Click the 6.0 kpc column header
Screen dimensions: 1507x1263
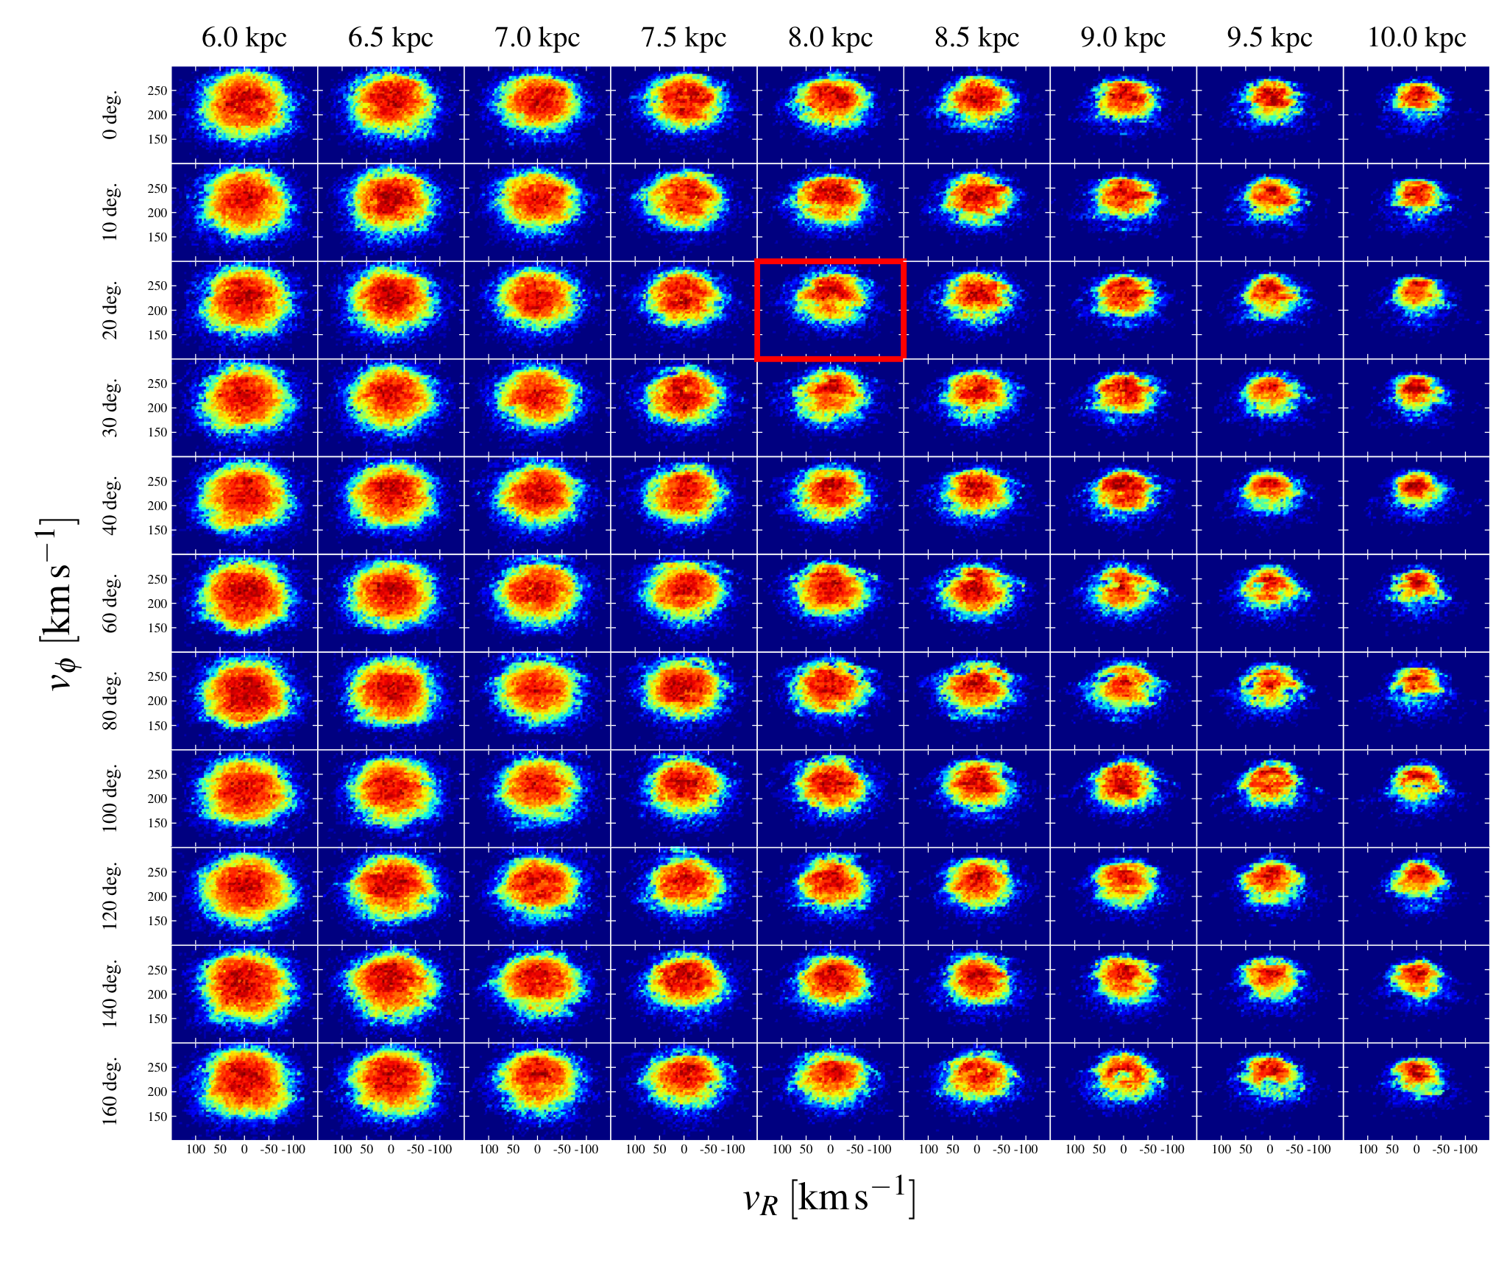click(x=244, y=38)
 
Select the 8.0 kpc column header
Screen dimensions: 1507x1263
click(x=830, y=38)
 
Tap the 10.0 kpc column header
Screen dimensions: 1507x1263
click(x=1416, y=38)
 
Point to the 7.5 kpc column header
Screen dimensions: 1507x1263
click(x=684, y=38)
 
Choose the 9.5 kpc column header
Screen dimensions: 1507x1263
click(x=1269, y=38)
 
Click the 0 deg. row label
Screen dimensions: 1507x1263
click(x=110, y=115)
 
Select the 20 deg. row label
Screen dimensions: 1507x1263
click(x=110, y=310)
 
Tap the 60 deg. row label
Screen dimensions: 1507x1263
click(x=110, y=604)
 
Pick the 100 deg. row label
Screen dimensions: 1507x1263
click(x=110, y=799)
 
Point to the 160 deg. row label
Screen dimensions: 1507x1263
click(x=110, y=1092)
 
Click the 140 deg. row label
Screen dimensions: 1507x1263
click(x=110, y=994)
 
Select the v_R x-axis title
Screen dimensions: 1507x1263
click(x=829, y=1198)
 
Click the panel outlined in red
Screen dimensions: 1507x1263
click(x=830, y=310)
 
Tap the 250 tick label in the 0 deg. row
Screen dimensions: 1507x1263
click(x=158, y=91)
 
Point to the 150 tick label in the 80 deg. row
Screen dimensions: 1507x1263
click(x=158, y=726)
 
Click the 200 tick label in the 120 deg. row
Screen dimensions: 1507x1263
click(x=158, y=896)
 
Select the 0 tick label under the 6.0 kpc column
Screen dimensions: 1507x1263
click(x=244, y=1149)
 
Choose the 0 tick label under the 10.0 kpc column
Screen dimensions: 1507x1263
click(x=1416, y=1149)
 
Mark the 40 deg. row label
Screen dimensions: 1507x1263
click(x=110, y=506)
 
